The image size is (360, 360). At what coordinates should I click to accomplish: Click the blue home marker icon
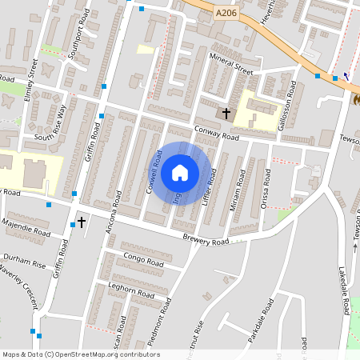[x=180, y=173]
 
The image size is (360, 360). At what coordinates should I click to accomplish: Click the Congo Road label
[x=144, y=258]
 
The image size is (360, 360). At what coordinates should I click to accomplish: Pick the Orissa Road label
[x=265, y=194]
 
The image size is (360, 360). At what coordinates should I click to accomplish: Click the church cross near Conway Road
[x=226, y=114]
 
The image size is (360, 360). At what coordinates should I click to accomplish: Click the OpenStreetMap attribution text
[x=81, y=354]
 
